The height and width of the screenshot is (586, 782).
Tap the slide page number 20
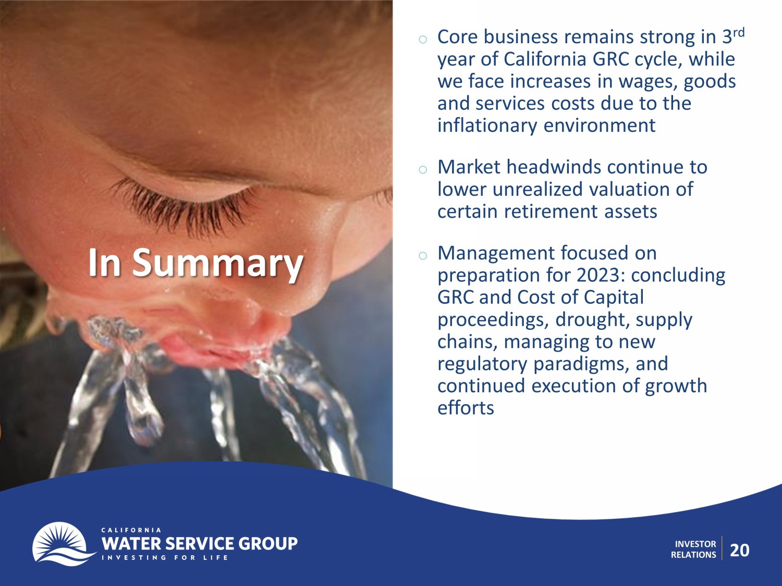740,550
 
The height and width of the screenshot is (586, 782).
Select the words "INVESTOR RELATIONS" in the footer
693,550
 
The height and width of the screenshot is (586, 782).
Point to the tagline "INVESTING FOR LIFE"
165,557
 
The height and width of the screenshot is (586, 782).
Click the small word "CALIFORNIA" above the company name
131,530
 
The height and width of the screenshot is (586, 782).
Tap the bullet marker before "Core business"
423,39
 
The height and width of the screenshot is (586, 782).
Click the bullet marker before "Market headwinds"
423,169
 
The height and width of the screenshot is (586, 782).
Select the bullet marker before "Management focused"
423,255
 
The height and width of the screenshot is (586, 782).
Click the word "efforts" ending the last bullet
466,408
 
